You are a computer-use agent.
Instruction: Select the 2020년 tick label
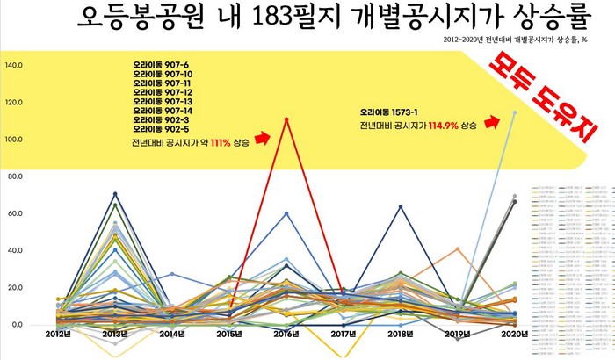[514, 335]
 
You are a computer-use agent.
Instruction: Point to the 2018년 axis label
[401, 335]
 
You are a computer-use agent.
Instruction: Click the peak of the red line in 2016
[286, 119]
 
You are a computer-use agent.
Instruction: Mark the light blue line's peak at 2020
[515, 112]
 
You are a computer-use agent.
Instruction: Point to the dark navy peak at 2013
[115, 193]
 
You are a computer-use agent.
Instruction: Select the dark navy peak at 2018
[401, 206]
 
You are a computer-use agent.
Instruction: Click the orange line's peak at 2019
[458, 248]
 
